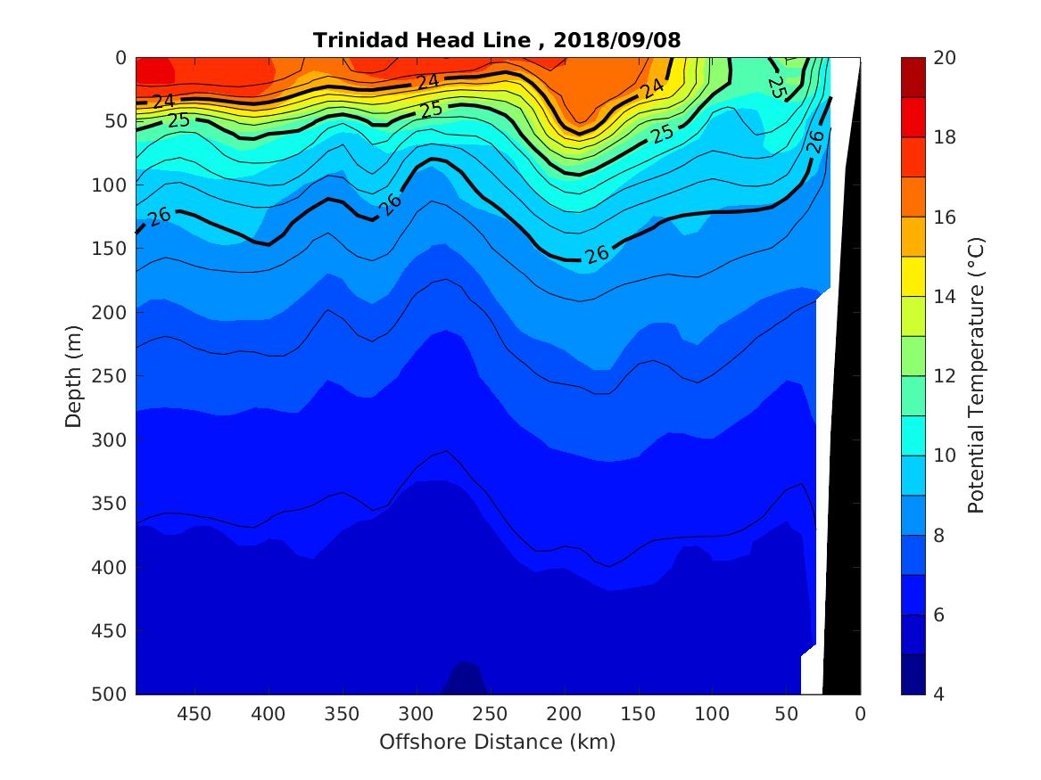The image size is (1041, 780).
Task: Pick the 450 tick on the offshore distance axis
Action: click(194, 713)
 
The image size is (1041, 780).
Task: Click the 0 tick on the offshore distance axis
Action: click(860, 713)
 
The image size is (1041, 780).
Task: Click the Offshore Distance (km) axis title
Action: click(498, 742)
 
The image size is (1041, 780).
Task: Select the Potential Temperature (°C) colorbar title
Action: click(976, 375)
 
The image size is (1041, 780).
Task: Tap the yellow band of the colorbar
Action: click(913, 276)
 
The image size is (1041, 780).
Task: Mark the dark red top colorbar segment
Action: click(913, 77)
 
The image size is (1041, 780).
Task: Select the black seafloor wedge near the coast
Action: click(844, 446)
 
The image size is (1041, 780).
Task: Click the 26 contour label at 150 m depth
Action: click(596, 252)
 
